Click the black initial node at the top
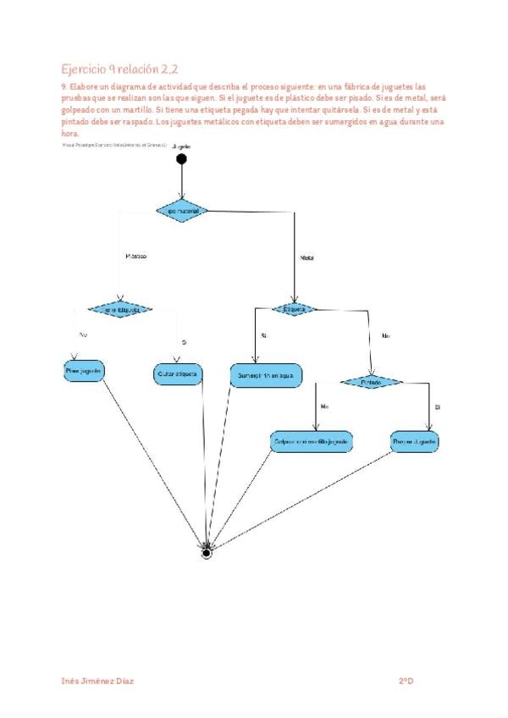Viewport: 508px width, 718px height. [180, 158]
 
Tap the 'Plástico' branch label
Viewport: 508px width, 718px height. [136, 256]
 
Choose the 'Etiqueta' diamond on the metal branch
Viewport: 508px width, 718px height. [295, 309]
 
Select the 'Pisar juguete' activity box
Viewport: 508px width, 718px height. [84, 371]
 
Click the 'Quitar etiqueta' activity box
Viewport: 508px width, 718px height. [178, 373]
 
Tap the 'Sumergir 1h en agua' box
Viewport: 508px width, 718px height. [266, 374]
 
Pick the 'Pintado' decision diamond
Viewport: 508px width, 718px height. [372, 383]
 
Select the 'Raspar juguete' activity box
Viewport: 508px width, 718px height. [415, 442]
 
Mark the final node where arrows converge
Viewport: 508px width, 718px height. [206, 554]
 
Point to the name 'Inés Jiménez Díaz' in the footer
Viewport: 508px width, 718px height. [98, 681]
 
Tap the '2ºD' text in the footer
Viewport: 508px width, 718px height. [406, 681]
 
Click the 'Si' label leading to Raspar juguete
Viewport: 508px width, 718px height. [438, 407]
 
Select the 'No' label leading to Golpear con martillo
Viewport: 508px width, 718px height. [324, 407]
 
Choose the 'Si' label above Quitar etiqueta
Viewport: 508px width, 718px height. [184, 342]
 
